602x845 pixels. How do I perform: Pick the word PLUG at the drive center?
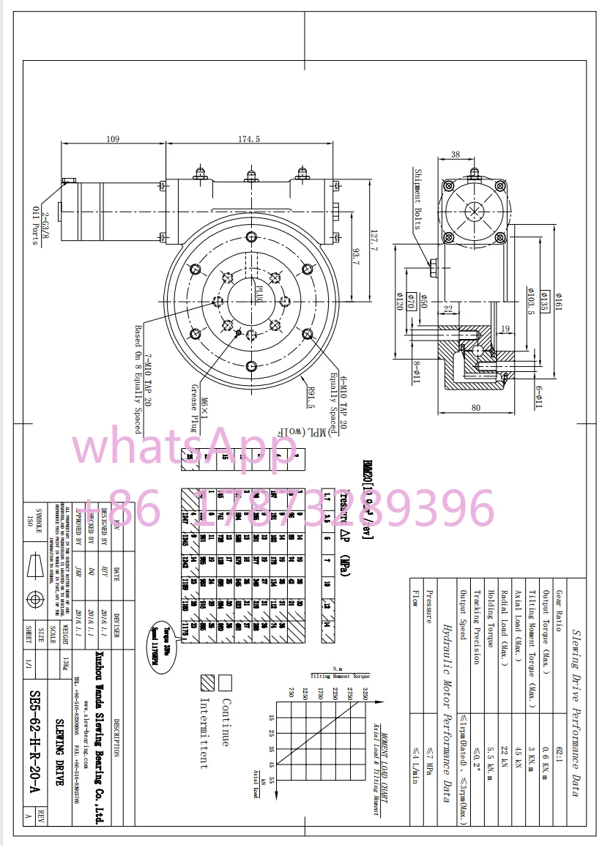[259, 297]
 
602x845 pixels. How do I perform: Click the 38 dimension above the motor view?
[456, 155]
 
